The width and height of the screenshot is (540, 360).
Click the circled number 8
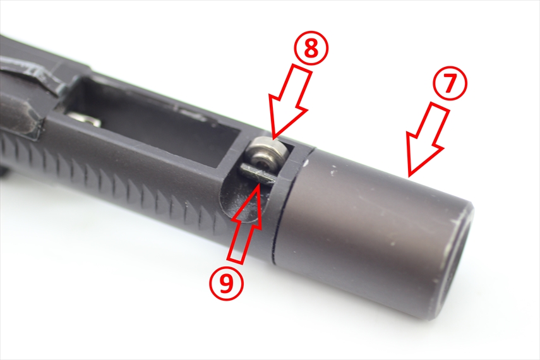pos(311,49)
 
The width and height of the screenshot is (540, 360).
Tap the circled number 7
pos(450,84)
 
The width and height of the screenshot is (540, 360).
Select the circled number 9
pos(226,283)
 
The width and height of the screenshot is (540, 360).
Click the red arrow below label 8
pos(291,101)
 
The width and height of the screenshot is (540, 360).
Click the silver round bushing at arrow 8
pos(268,155)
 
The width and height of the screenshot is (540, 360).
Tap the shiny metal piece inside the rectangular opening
pos(85,119)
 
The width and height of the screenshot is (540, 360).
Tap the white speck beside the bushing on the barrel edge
pos(306,160)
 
